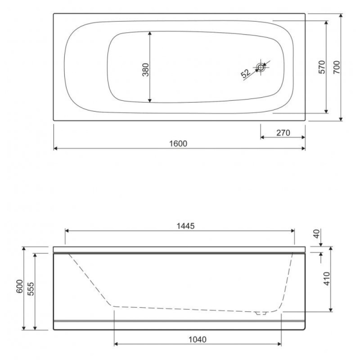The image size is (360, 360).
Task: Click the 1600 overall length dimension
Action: tap(178, 144)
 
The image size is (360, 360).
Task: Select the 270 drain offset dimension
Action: tap(283, 133)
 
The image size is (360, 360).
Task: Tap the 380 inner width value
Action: tap(145, 70)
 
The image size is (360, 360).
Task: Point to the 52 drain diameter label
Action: tap(245, 73)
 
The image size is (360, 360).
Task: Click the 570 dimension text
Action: tap(322, 67)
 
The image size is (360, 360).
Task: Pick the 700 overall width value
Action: tap(336, 67)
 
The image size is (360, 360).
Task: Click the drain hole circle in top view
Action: tap(261, 67)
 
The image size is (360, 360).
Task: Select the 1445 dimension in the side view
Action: tap(185, 226)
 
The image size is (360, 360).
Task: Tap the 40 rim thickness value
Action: tap(316, 234)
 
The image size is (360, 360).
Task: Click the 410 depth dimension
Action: tap(327, 279)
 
